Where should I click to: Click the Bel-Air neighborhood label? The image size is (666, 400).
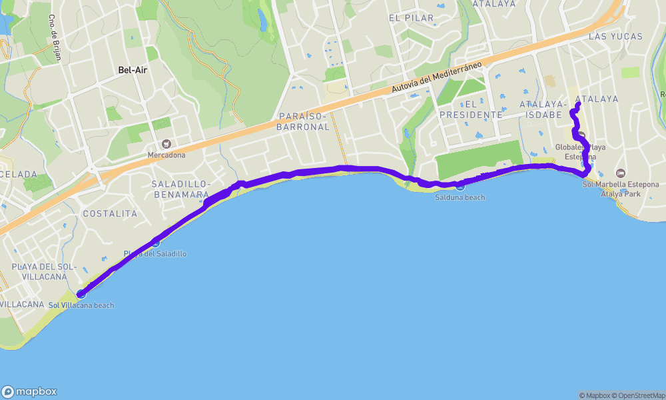(133, 69)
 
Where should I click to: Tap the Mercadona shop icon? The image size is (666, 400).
(165, 143)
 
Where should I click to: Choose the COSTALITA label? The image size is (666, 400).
(110, 214)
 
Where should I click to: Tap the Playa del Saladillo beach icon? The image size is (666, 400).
(155, 243)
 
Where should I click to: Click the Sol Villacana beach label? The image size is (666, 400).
(81, 305)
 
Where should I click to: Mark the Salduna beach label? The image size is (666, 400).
(460, 197)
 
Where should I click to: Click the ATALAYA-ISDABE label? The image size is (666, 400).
(543, 109)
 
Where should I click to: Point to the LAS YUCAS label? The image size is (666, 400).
(615, 37)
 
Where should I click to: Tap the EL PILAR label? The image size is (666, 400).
(411, 18)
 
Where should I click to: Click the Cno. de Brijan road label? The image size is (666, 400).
(55, 37)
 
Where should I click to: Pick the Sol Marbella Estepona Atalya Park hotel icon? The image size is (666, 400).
(621, 173)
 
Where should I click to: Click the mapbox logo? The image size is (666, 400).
(29, 391)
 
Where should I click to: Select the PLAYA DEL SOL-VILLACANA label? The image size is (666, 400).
(39, 271)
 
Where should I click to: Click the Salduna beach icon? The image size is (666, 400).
(460, 185)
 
